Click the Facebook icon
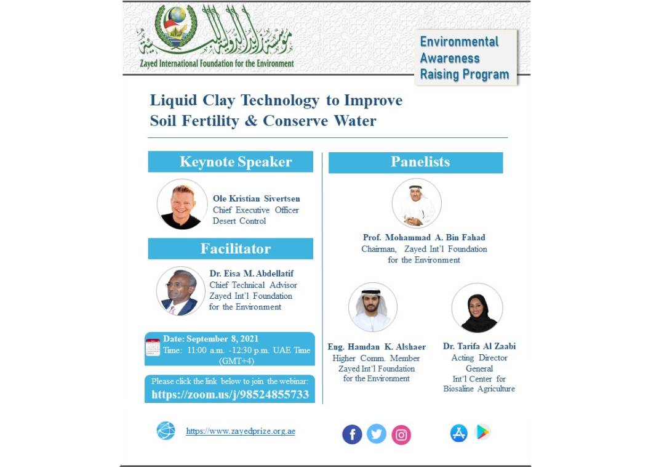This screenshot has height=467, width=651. (352, 434)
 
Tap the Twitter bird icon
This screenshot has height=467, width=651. (377, 434)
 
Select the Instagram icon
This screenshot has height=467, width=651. (401, 435)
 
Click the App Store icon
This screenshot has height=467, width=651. (458, 433)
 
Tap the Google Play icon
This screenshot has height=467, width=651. (483, 432)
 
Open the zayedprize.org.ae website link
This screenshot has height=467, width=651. (241, 431)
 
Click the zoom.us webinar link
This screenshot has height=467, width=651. (230, 395)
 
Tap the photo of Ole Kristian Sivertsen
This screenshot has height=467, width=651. (182, 205)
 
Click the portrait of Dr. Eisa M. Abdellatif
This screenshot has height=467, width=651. (181, 291)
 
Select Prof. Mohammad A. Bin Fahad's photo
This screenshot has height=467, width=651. (417, 203)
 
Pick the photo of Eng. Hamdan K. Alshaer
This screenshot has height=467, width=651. (373, 307)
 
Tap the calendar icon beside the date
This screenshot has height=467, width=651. (153, 347)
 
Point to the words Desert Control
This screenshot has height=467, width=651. (239, 221)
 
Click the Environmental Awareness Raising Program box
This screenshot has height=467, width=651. (465, 58)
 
